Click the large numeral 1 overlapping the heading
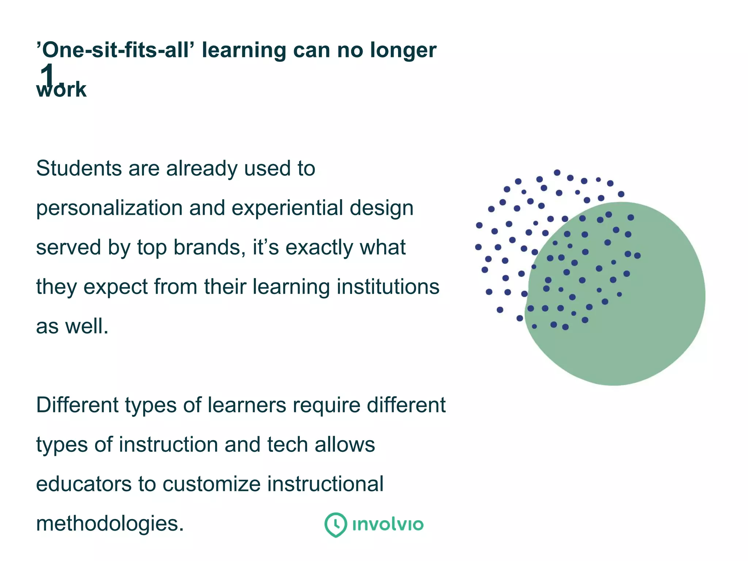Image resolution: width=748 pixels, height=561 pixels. coord(48,75)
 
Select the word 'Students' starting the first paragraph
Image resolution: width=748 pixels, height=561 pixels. coord(79,168)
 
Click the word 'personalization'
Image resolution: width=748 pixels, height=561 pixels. coord(109,209)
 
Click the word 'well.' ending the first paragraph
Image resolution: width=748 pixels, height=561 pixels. coord(87,326)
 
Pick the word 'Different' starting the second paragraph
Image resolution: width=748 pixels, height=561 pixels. coord(77,405)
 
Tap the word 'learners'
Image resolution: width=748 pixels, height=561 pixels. coord(247,405)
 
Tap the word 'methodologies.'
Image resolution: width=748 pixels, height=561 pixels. coord(110,523)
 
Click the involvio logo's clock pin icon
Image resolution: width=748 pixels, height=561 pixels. coord(336,524)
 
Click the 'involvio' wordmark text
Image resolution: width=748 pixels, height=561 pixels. coord(388,525)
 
